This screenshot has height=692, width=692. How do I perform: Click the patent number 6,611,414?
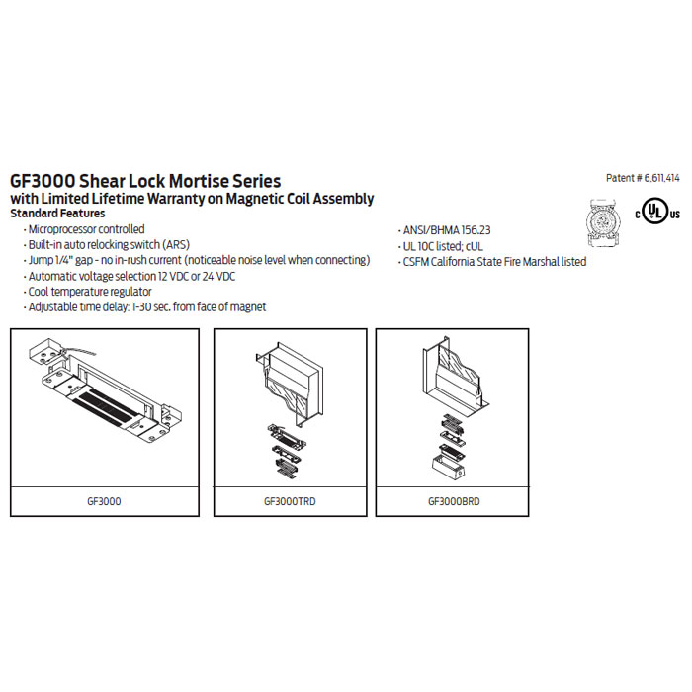coord(661,178)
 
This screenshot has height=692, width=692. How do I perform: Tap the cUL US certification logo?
coord(657,212)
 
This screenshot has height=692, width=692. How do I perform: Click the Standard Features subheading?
coord(57,214)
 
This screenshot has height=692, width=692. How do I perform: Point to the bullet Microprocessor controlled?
coord(86,229)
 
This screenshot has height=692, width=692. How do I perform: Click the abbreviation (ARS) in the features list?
coord(176,245)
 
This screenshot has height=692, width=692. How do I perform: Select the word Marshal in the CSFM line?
coord(541,262)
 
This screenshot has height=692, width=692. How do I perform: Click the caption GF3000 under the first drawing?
coord(104,501)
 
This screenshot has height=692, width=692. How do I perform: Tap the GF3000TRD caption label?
coord(290,501)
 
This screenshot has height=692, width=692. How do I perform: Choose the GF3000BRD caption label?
coord(454,501)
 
